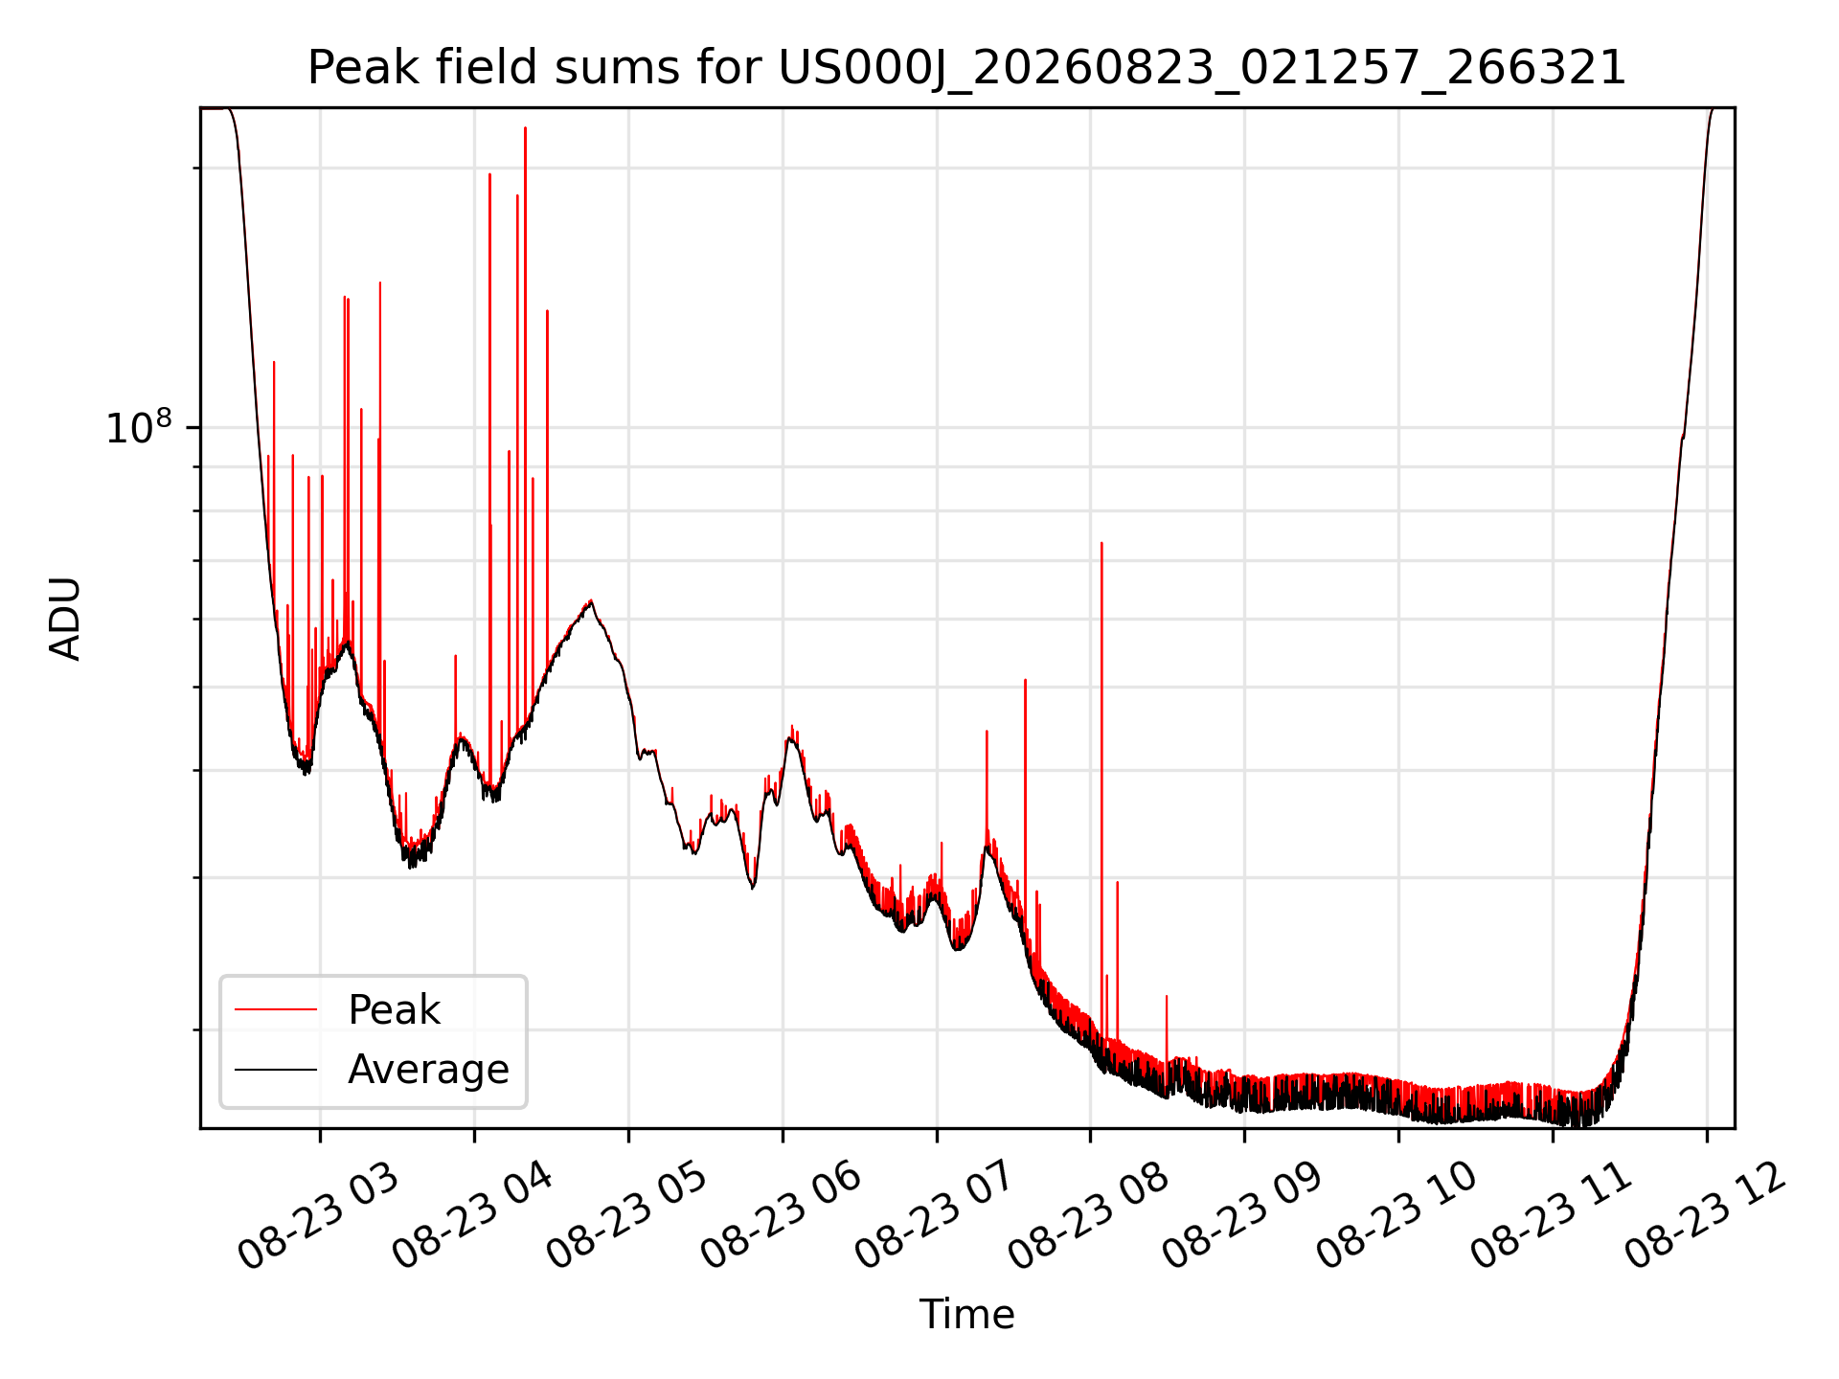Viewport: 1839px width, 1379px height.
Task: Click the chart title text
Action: tap(966, 68)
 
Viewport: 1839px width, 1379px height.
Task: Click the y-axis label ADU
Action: tap(65, 619)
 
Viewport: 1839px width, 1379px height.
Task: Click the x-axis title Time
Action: tap(966, 1315)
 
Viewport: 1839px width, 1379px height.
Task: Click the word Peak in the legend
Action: tap(394, 1010)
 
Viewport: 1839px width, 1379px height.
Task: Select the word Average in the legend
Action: tap(428, 1070)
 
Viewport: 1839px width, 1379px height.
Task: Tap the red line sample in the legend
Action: tap(276, 1009)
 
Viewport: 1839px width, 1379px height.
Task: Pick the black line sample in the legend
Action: tap(276, 1069)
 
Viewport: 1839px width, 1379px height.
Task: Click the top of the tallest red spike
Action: tap(525, 127)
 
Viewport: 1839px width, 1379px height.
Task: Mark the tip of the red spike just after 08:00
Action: tap(1101, 543)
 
